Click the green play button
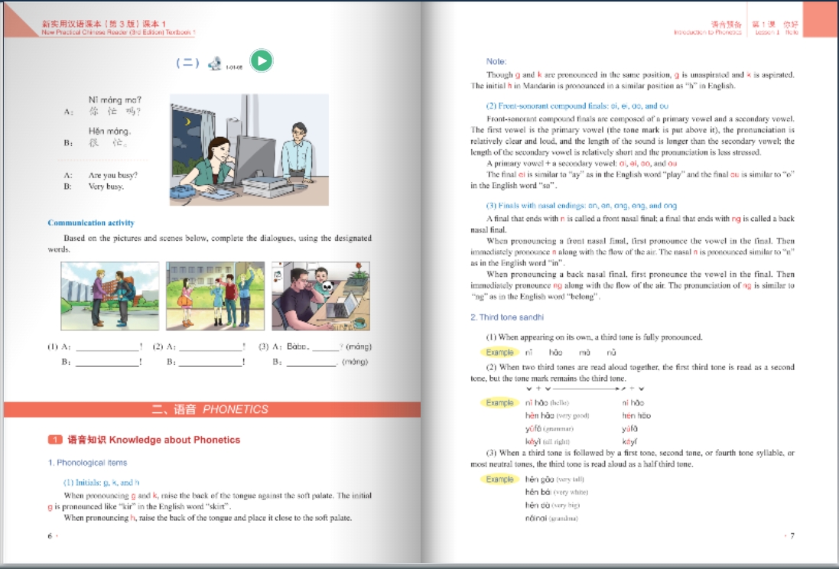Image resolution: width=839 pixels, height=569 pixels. (262, 60)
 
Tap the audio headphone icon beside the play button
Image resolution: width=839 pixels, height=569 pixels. (215, 63)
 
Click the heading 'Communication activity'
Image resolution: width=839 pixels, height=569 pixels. (91, 223)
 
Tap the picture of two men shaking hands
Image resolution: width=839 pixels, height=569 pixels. (109, 295)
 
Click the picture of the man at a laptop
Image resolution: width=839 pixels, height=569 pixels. (320, 295)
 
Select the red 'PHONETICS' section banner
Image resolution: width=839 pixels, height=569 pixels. (212, 409)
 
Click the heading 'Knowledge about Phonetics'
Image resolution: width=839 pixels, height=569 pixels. (153, 440)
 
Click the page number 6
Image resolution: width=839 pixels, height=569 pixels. (50, 535)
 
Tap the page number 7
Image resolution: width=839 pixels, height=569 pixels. (792, 535)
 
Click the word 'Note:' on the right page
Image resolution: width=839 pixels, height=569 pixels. (496, 61)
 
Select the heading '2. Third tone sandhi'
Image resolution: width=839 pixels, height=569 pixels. (507, 317)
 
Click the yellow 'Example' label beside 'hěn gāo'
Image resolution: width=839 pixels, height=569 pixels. (499, 480)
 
